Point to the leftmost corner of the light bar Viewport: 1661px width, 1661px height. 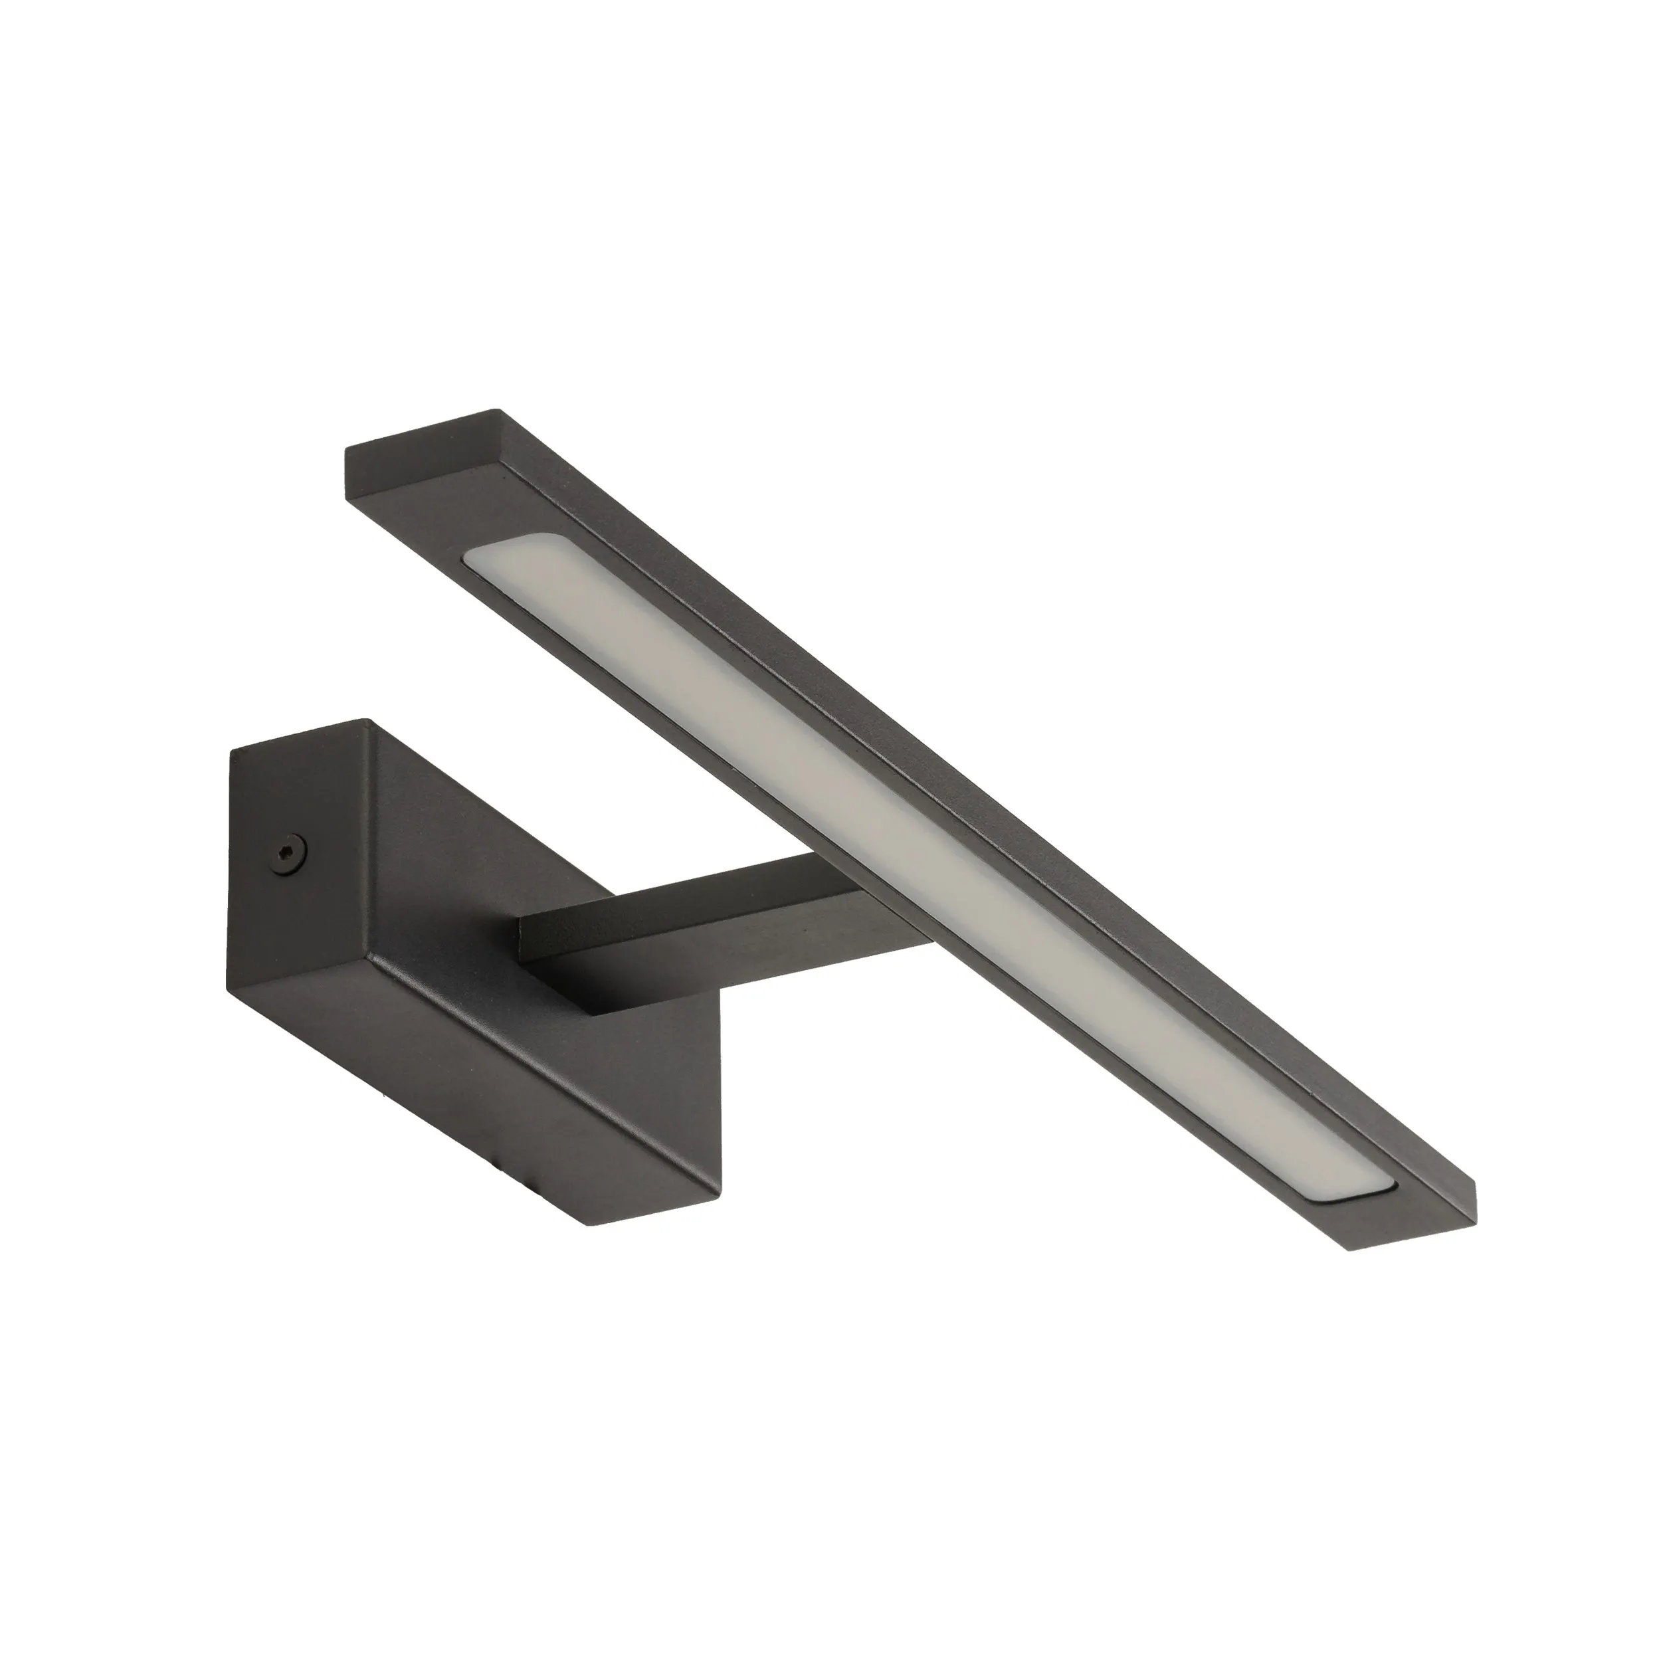(x=345, y=448)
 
